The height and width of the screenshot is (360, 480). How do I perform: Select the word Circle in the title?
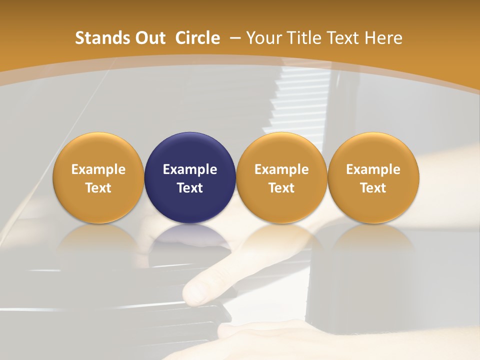(x=197, y=38)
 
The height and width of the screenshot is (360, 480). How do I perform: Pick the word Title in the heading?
(x=304, y=38)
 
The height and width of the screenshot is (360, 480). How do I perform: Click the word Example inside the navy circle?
(x=190, y=169)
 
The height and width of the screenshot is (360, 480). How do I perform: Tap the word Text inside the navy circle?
(x=190, y=188)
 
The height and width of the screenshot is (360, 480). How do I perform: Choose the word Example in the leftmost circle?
(x=98, y=169)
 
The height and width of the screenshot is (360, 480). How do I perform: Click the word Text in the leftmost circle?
(x=98, y=188)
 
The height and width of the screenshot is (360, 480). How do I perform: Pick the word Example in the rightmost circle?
(x=373, y=169)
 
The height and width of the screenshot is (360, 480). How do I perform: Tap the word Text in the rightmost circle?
(x=373, y=188)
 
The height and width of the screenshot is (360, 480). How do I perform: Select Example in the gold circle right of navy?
(x=281, y=169)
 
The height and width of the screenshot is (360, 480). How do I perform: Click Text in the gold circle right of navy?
(x=281, y=188)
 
